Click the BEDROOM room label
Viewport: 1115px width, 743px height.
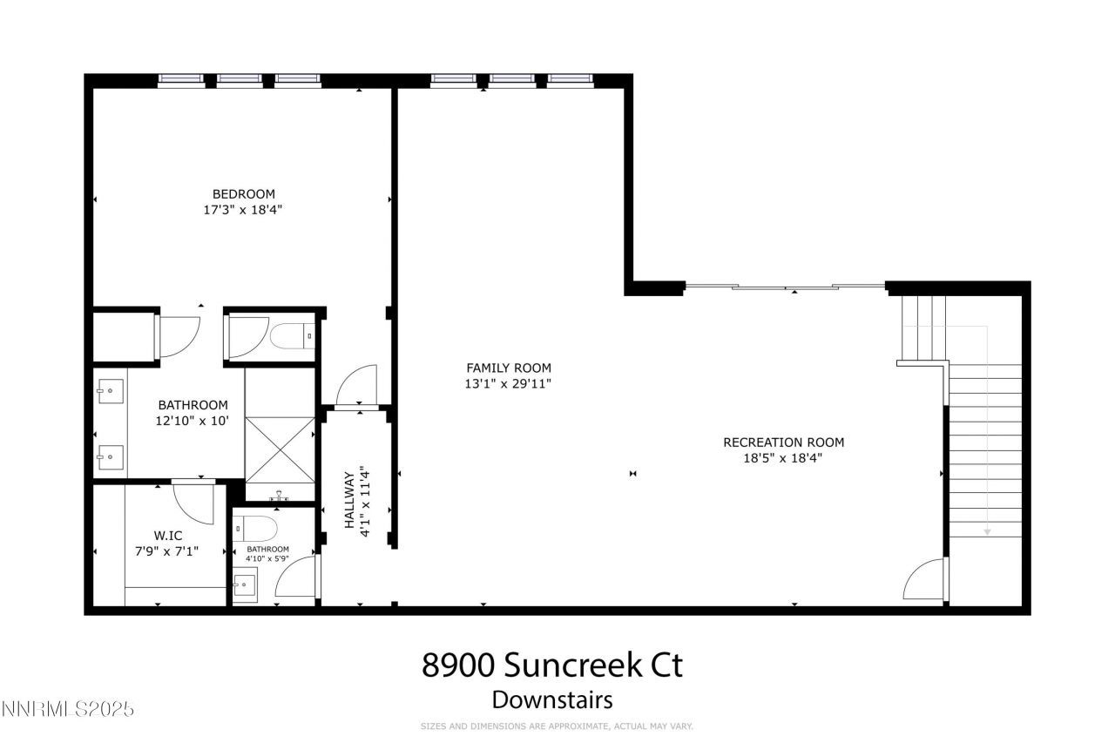point(244,193)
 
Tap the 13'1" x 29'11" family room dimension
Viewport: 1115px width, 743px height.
point(509,383)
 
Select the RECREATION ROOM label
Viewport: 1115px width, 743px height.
point(783,442)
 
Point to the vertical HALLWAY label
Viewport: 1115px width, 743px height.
point(348,501)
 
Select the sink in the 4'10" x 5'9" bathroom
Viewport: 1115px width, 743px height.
point(245,585)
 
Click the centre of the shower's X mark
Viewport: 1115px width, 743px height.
point(280,448)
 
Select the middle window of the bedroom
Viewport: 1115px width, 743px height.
point(240,80)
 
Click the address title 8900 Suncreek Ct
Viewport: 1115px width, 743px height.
point(552,665)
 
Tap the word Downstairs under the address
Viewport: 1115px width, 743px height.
point(552,699)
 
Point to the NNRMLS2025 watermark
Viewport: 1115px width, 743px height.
point(68,709)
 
